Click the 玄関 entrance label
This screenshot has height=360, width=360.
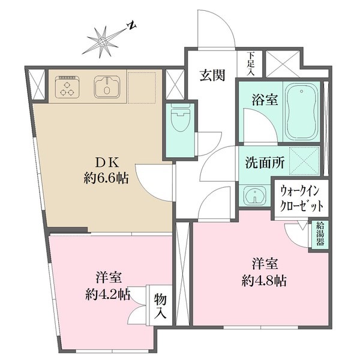[212, 76]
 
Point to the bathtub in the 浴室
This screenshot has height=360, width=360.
[301, 111]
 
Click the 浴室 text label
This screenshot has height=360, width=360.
[265, 100]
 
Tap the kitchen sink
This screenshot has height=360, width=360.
[106, 88]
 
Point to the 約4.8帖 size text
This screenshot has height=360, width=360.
[264, 280]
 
